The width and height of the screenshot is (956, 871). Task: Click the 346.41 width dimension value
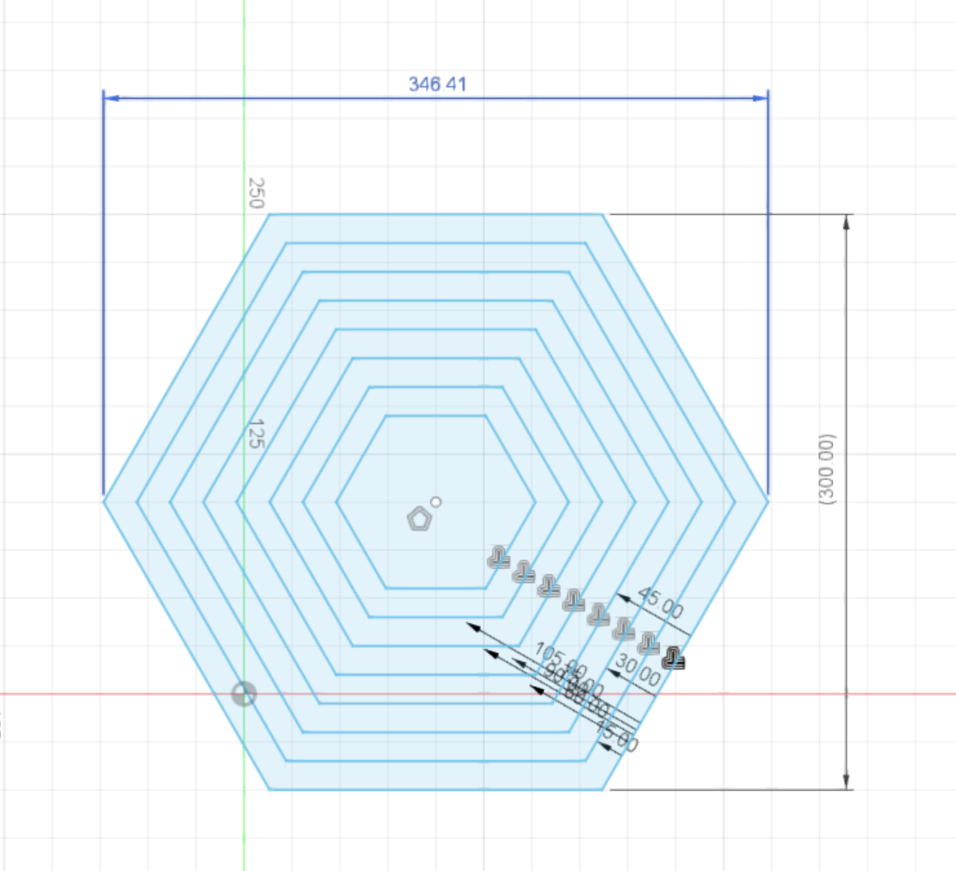[x=439, y=83]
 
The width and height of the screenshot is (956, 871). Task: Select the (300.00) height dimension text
[x=829, y=468]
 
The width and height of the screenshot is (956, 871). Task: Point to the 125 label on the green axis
[x=256, y=433]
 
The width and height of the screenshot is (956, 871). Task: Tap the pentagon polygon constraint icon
[x=419, y=519]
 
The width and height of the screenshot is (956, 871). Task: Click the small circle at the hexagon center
[x=436, y=502]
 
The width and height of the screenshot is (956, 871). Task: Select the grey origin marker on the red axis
[x=244, y=695]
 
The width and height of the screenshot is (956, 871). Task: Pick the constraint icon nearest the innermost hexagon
[x=498, y=559]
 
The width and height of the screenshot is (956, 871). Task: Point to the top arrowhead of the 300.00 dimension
[x=847, y=220]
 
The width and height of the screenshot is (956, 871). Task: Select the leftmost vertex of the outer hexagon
[x=104, y=499]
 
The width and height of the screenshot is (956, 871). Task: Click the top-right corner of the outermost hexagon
[x=602, y=214]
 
